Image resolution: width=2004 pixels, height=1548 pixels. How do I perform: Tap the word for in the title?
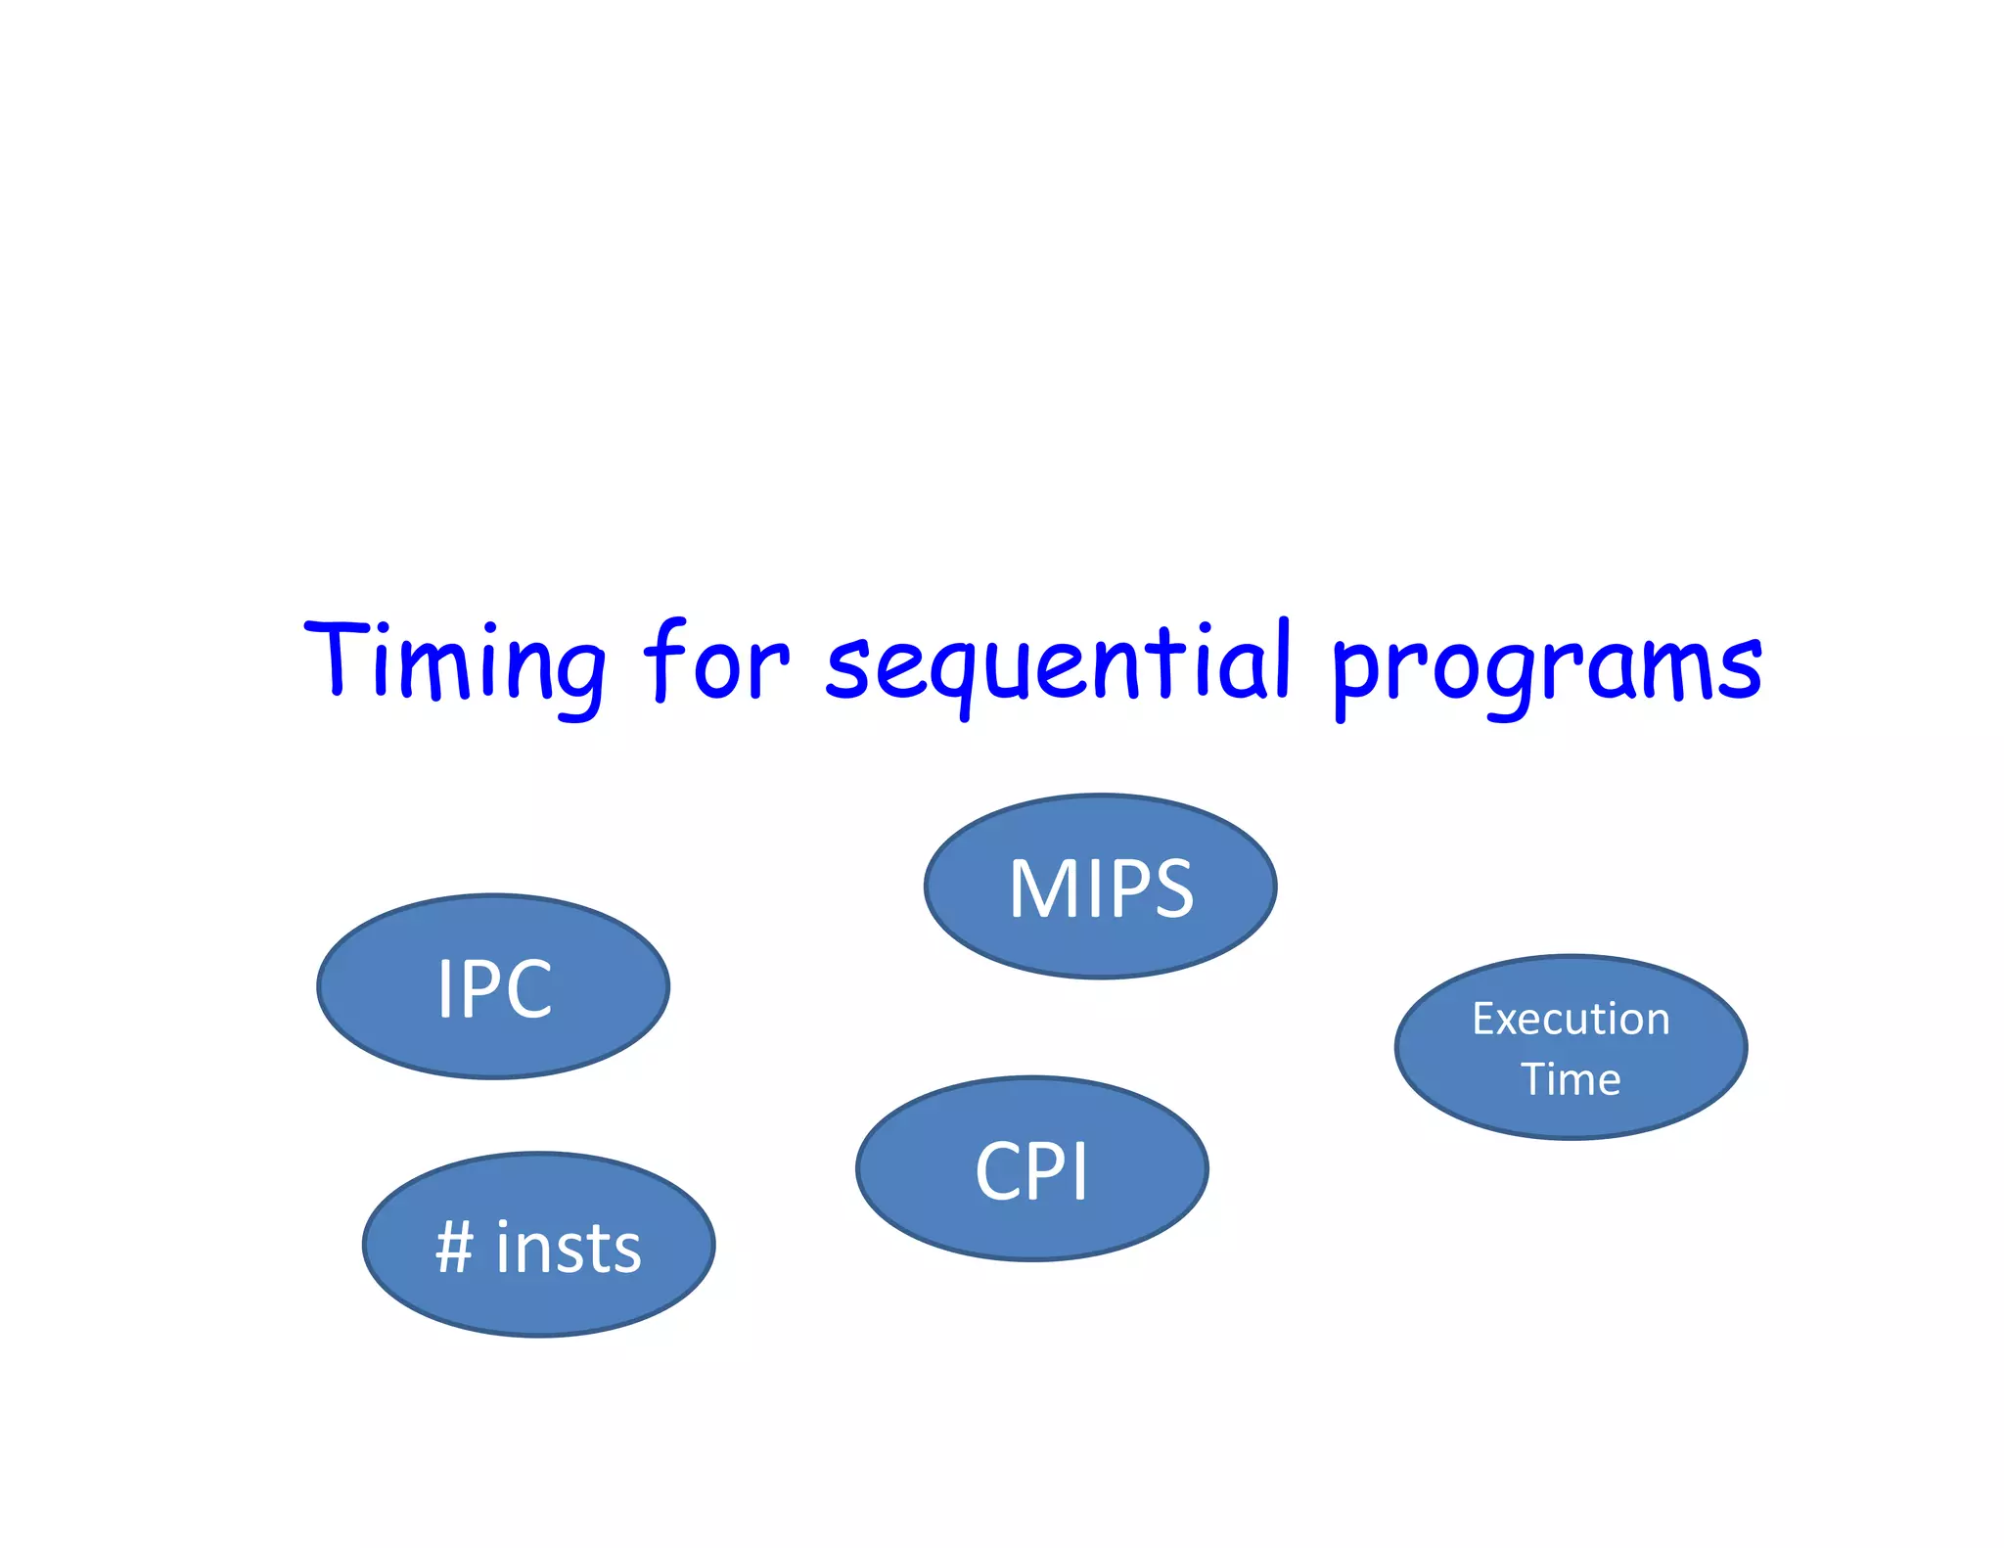coord(715,660)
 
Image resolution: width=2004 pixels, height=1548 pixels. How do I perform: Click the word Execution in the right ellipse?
coord(1571,1020)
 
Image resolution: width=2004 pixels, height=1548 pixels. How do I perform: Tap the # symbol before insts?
coord(455,1249)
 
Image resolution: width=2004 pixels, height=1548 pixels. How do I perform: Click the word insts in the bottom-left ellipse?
coord(569,1249)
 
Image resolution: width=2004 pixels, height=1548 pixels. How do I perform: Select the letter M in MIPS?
coord(1041,888)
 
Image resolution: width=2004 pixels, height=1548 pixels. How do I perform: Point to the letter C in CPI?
coord(1002,1171)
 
